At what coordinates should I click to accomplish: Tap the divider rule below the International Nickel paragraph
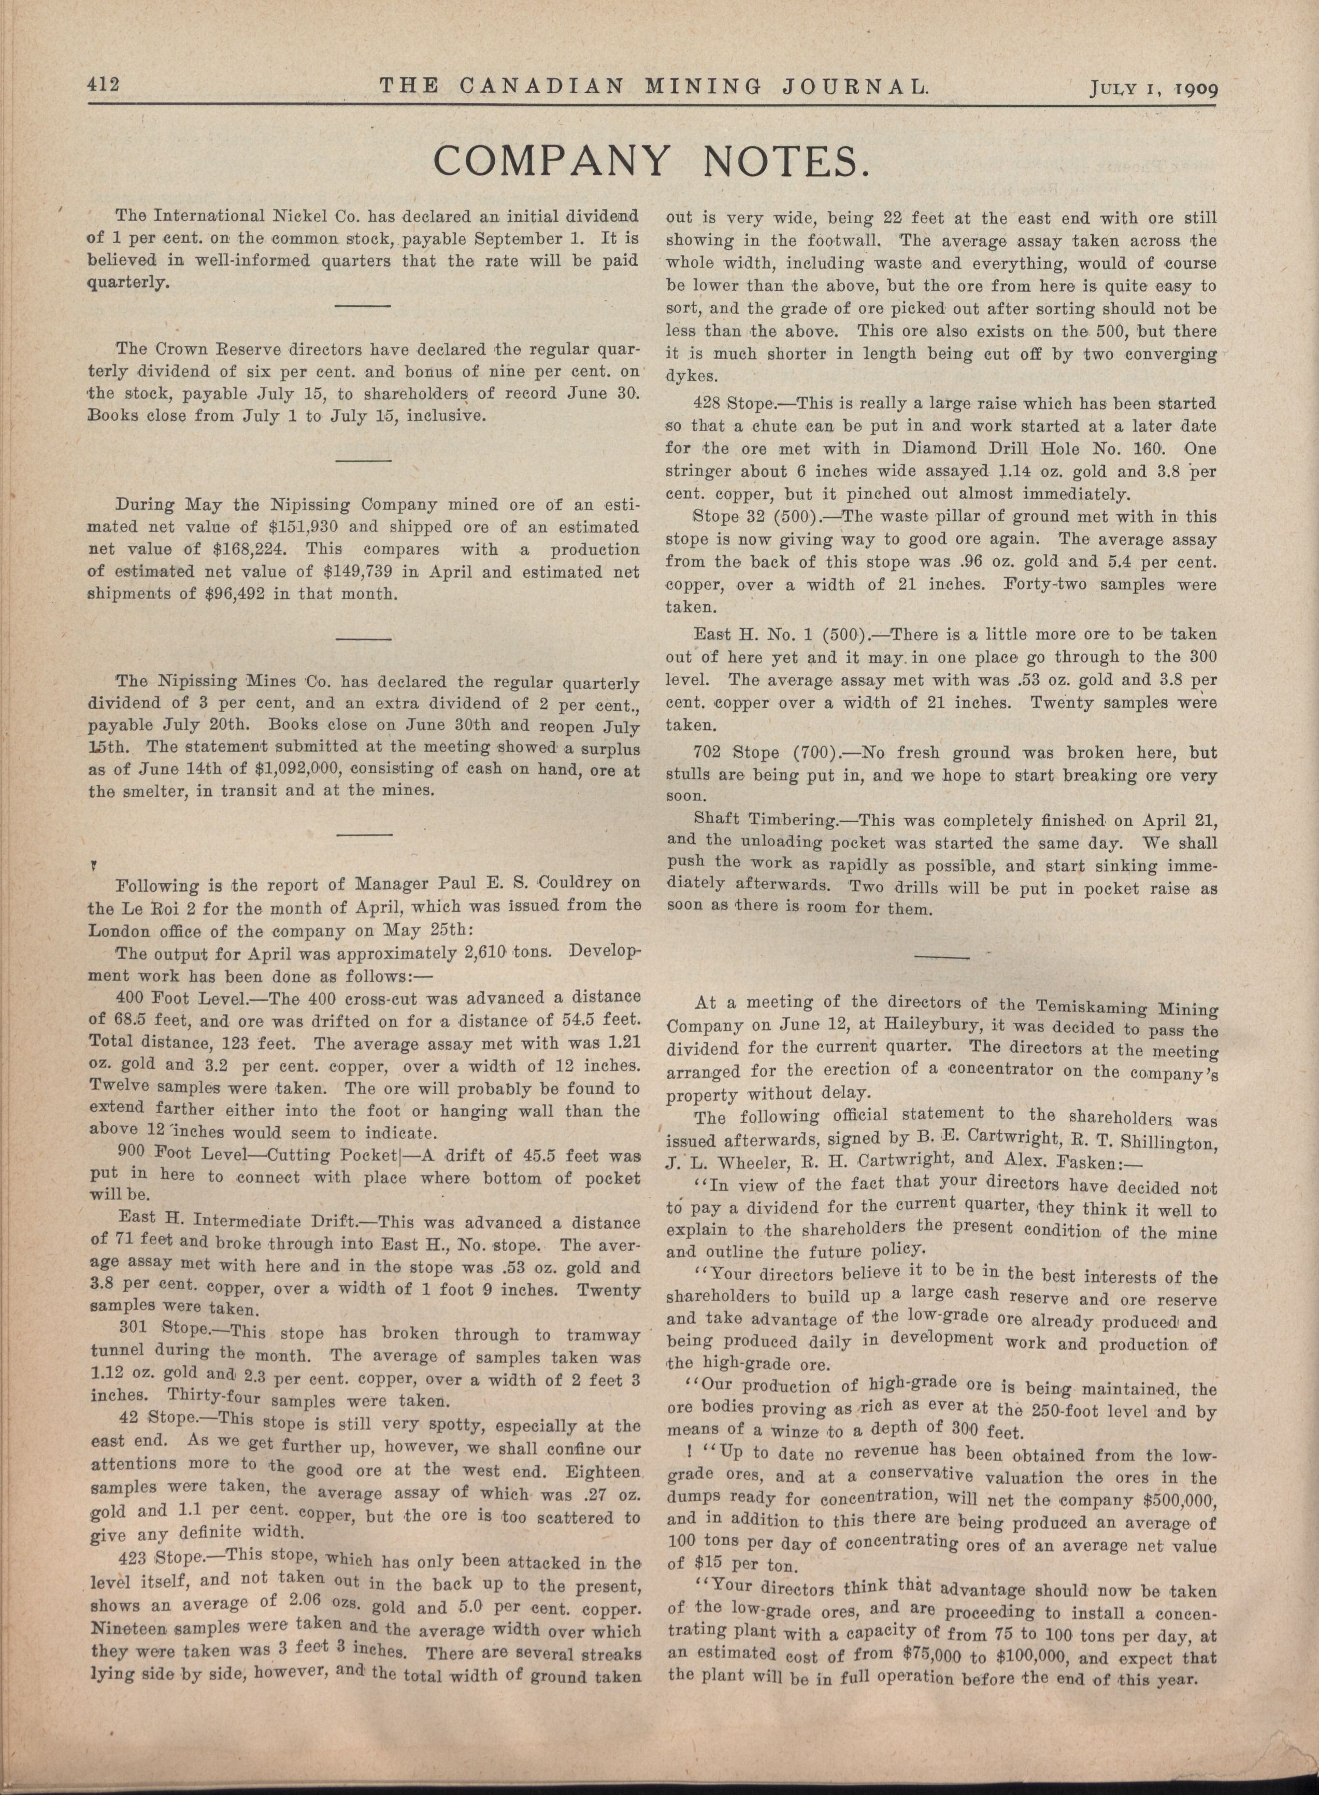(x=363, y=305)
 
